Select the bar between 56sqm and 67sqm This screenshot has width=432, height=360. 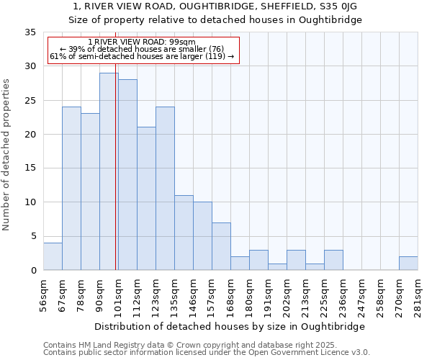[x=53, y=256]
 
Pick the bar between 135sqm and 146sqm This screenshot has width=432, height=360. [x=184, y=233]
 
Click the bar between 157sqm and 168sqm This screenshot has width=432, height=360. [x=221, y=246]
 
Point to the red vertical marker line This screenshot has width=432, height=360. [x=116, y=180]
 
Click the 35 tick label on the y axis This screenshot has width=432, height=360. [x=30, y=32]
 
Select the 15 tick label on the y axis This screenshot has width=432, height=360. [x=30, y=168]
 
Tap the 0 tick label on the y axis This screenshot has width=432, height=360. [x=32, y=271]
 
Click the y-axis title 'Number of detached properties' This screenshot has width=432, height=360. [x=7, y=155]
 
